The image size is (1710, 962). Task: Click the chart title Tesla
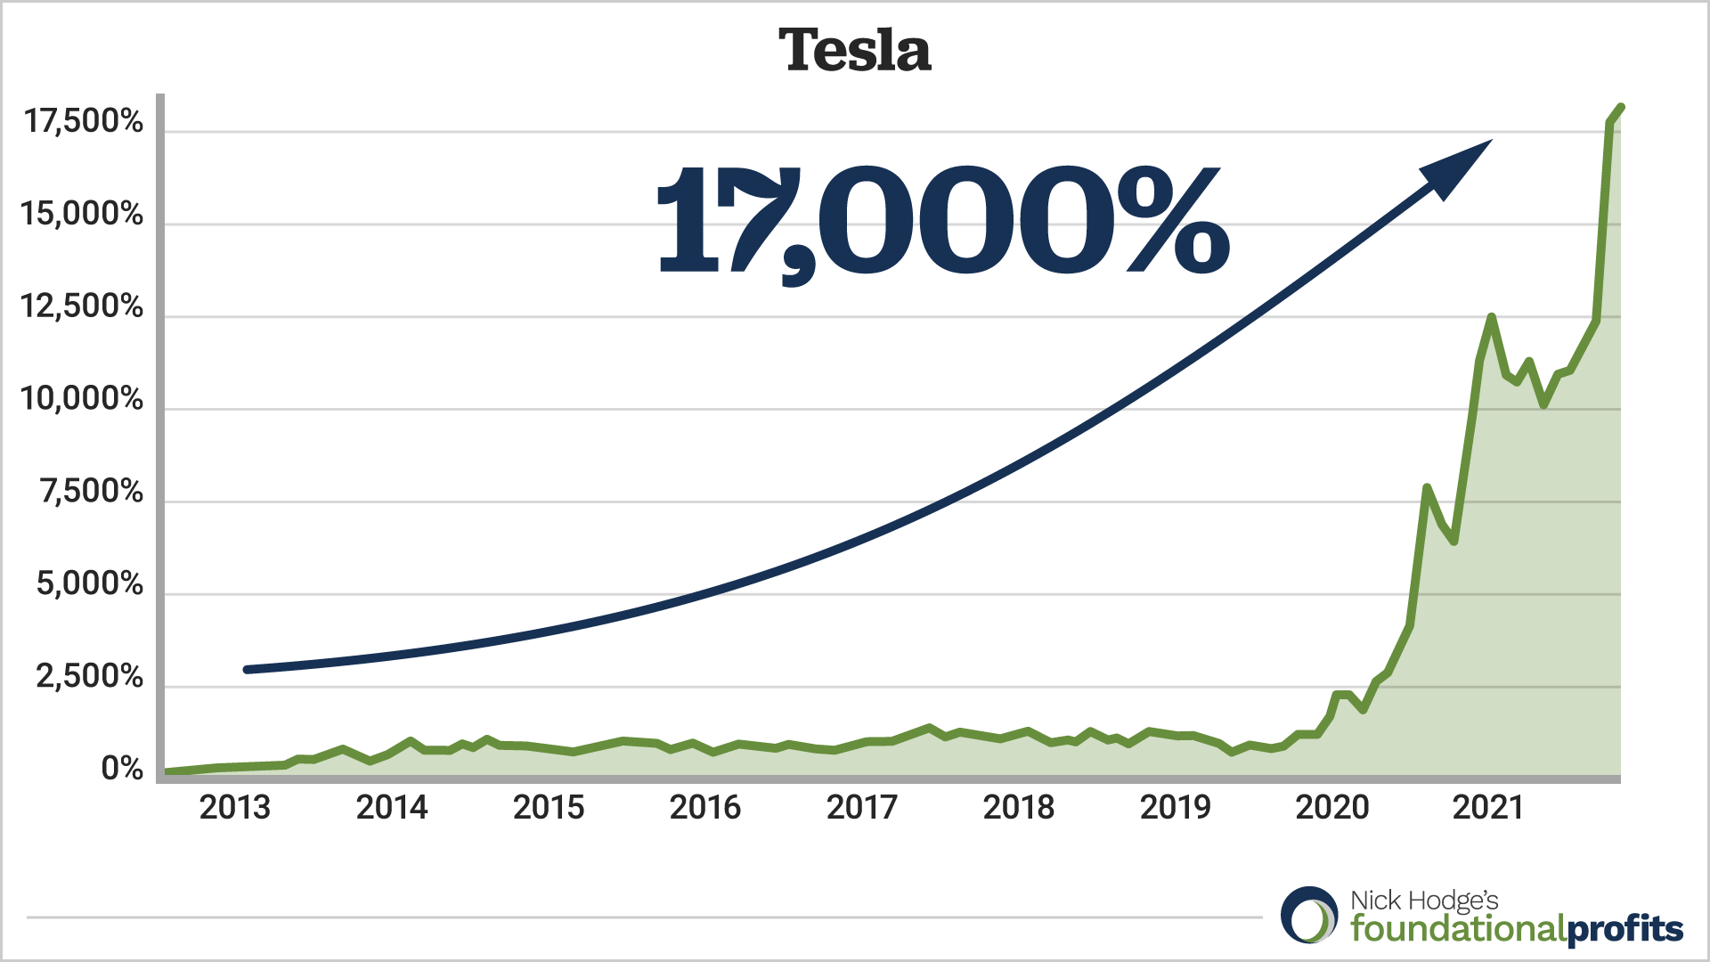click(855, 50)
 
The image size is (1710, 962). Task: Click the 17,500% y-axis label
click(83, 121)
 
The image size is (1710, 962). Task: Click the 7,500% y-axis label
click(91, 492)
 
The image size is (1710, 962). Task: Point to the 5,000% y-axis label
click(89, 584)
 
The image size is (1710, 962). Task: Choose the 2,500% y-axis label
click(89, 677)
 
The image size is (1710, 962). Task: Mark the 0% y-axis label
click(122, 768)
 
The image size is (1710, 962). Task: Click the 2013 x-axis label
click(234, 808)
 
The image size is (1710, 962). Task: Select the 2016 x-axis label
click(704, 808)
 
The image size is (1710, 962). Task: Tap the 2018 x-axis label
click(1018, 808)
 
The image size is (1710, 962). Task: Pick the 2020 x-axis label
click(1331, 808)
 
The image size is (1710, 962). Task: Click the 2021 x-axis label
click(1487, 808)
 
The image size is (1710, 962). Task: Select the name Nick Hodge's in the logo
click(1424, 901)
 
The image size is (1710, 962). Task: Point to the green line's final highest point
click(1621, 108)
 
